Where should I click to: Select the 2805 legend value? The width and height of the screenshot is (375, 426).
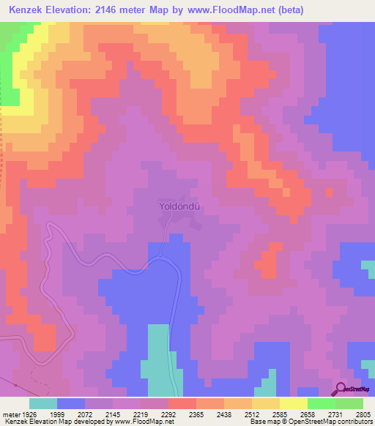tap(363, 414)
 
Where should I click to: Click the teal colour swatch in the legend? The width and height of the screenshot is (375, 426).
tap(43, 403)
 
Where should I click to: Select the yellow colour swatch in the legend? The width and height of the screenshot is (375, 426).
tap(294, 403)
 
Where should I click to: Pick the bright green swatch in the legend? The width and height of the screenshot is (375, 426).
tap(322, 403)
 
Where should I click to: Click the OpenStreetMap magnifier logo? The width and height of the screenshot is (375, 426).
tap(341, 389)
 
